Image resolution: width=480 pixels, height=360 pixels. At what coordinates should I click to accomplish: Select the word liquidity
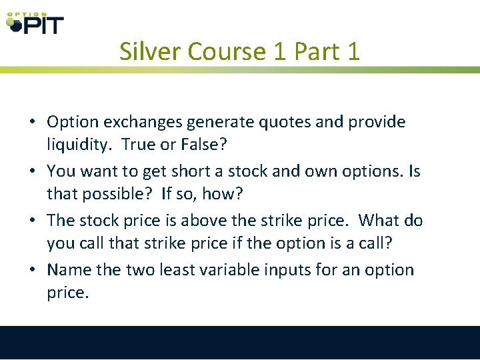(77, 144)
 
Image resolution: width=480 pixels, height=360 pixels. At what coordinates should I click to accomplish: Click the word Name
(65, 270)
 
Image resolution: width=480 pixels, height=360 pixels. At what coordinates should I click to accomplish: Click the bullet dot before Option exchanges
(32, 123)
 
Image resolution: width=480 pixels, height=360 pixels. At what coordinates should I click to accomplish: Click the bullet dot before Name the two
(32, 271)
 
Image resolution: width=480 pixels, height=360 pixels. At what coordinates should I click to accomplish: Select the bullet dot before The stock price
(32, 221)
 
